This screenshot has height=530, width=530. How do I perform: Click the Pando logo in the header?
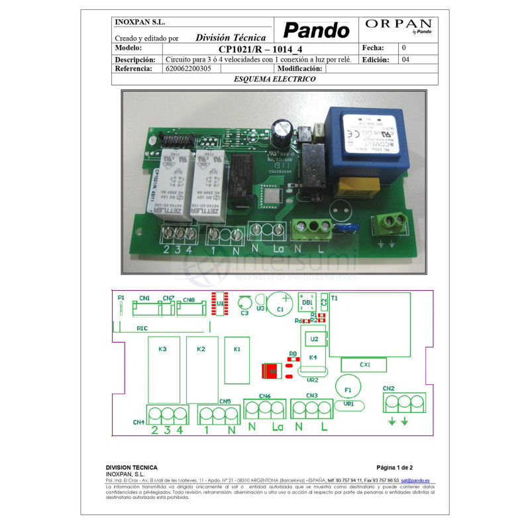coord(316,30)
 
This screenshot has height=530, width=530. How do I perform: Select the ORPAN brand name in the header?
coord(399,24)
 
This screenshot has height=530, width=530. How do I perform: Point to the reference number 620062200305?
coord(188,68)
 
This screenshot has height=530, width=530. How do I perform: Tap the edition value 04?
coord(405,59)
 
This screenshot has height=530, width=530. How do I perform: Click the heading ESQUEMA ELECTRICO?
coord(274,78)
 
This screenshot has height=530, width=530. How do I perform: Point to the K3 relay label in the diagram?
coord(162,348)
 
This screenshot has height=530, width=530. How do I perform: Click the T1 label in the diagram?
coord(334,299)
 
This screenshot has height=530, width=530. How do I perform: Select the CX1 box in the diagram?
coord(364,364)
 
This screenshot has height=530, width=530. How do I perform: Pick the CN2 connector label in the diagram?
coord(389,388)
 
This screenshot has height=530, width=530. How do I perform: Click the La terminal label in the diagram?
coord(278,427)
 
